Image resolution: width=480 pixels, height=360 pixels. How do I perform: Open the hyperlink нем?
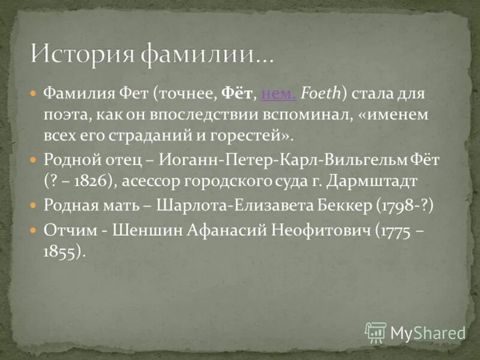280,94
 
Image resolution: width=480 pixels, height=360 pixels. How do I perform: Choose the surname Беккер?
347,205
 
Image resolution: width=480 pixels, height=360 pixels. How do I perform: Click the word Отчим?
65,230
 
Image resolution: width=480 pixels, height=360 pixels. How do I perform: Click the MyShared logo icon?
375,332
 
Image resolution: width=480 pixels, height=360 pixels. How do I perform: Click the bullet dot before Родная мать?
34,205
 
